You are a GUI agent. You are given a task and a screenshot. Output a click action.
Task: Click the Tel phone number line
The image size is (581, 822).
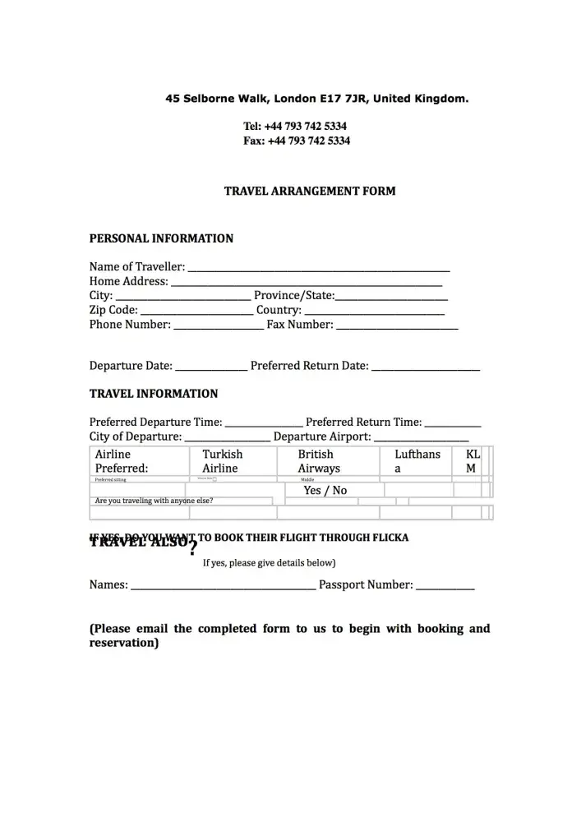pyautogui.click(x=295, y=127)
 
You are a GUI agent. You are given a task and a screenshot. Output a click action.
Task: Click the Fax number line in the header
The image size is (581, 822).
pyautogui.click(x=297, y=141)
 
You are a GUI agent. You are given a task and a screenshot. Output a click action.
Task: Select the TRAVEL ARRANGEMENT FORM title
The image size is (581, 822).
pyautogui.click(x=310, y=192)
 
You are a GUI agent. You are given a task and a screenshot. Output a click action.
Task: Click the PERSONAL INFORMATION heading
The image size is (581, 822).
pyautogui.click(x=161, y=239)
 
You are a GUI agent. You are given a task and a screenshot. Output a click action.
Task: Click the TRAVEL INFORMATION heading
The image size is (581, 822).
pyautogui.click(x=154, y=394)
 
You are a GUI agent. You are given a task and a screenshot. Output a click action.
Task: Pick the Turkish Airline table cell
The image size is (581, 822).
pyautogui.click(x=223, y=461)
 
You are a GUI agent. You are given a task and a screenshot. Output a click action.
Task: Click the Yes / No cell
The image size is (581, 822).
pyautogui.click(x=325, y=491)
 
